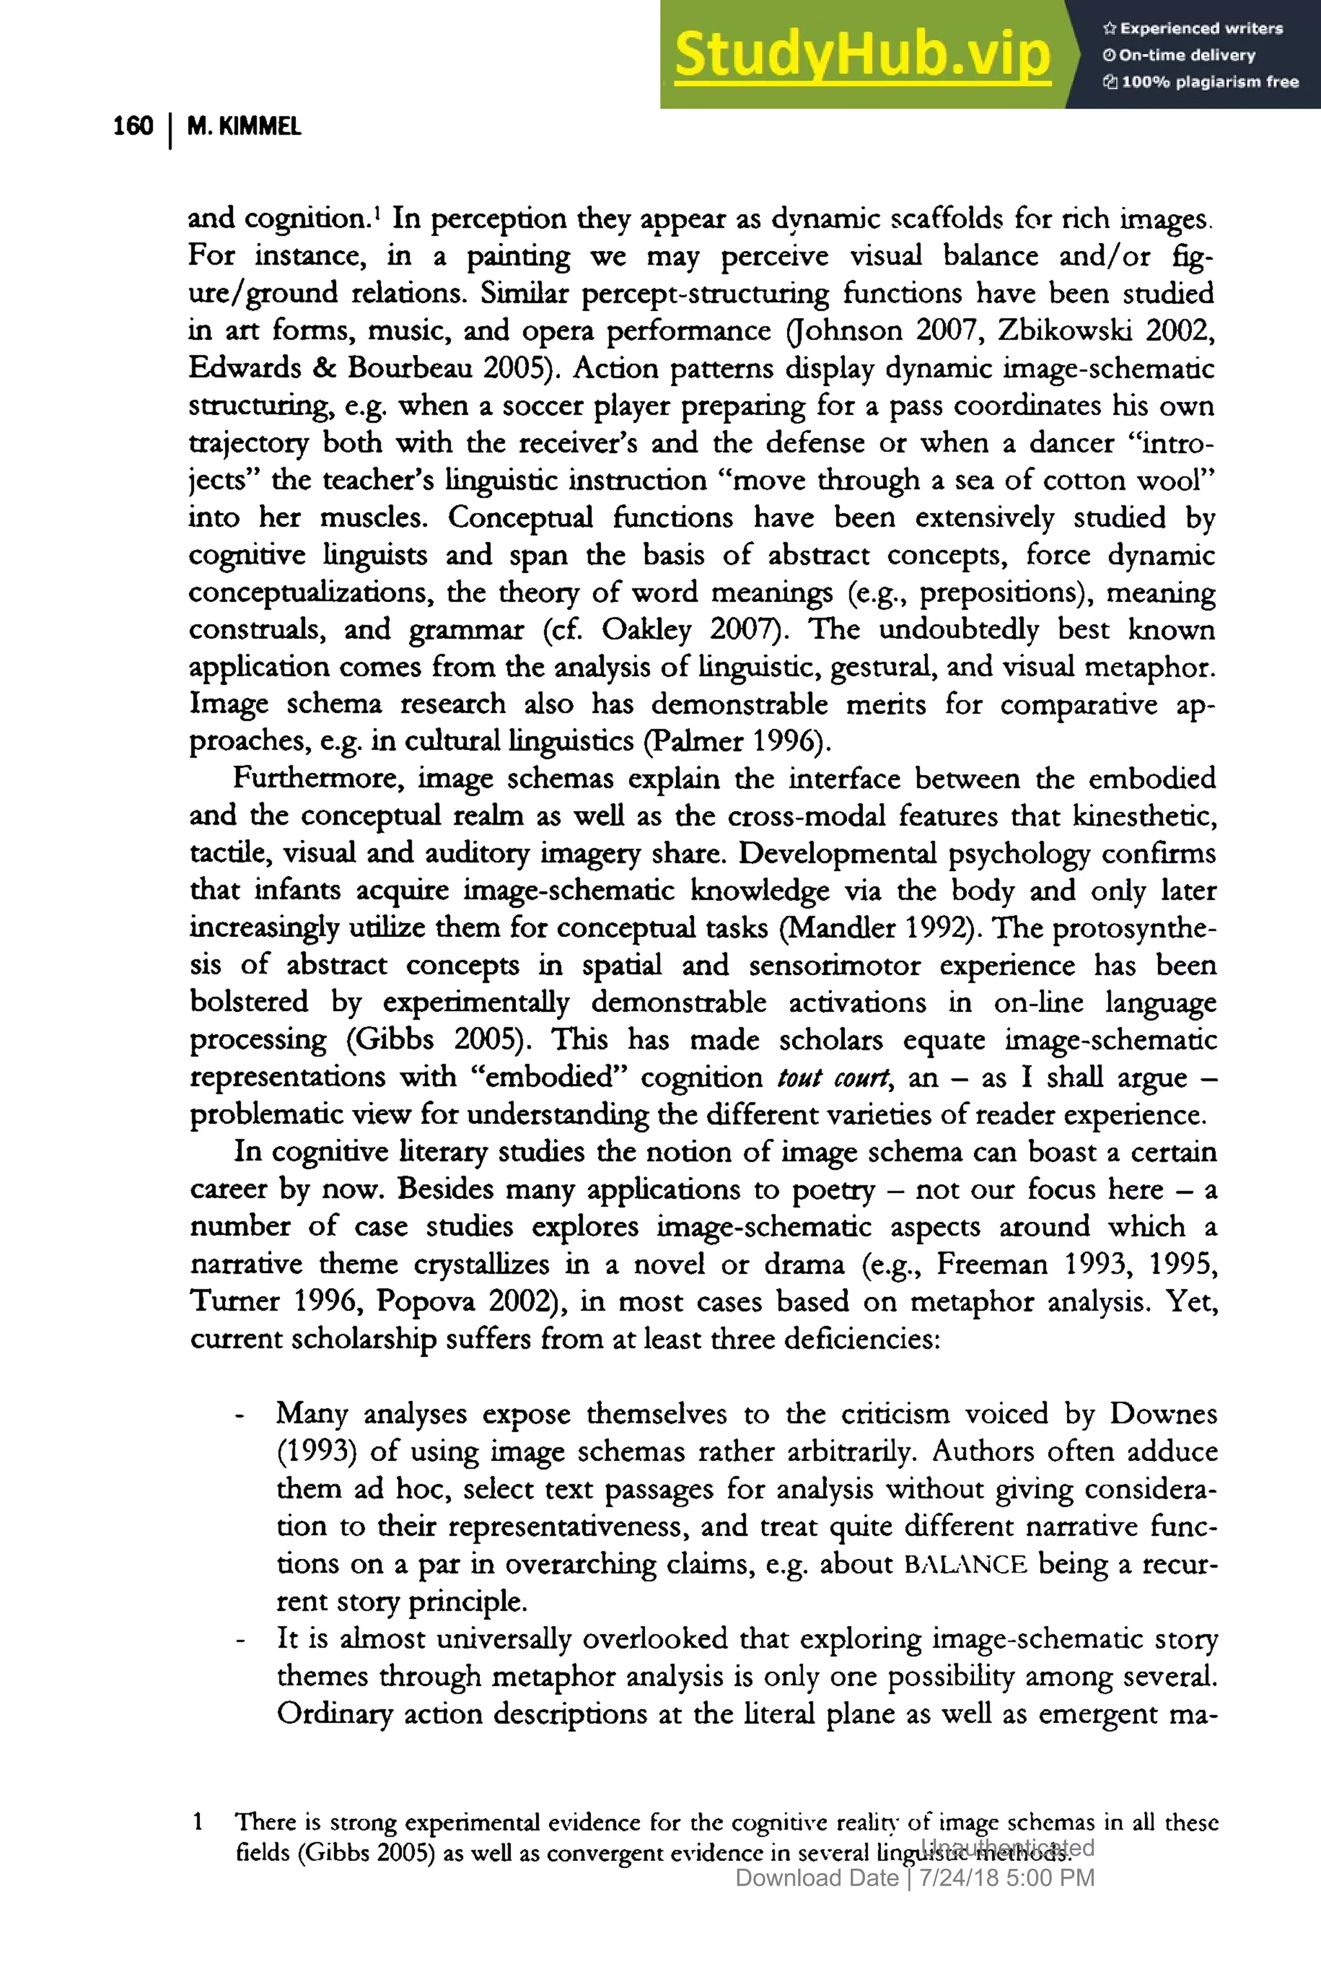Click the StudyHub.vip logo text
[862, 55]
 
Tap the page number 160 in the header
[133, 126]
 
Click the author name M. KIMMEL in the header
[243, 126]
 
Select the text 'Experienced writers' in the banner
[1200, 28]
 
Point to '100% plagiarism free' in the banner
[1209, 82]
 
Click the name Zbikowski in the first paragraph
[1066, 330]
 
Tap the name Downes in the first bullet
[1162, 1413]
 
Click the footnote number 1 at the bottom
[198, 1822]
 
